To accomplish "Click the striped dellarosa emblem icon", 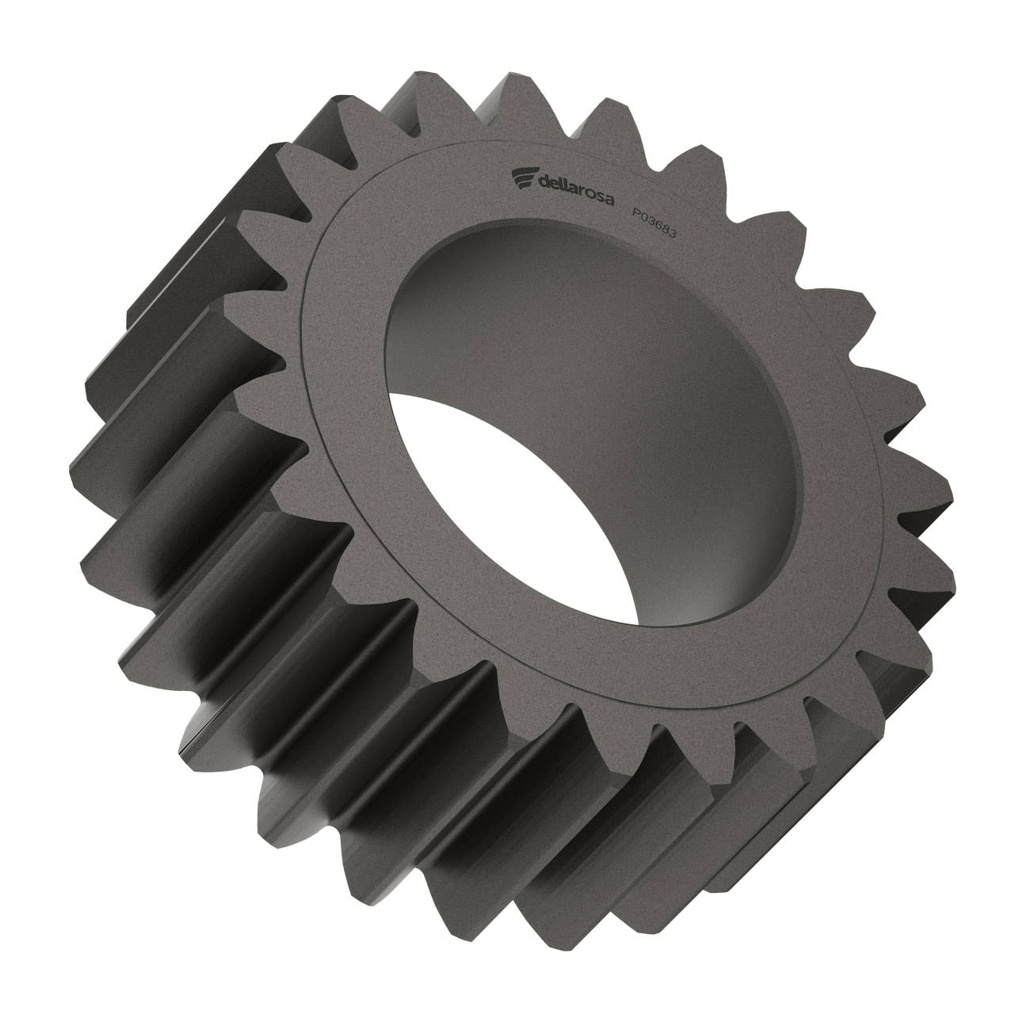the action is tap(524, 178).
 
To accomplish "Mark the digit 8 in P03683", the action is tap(666, 229).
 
